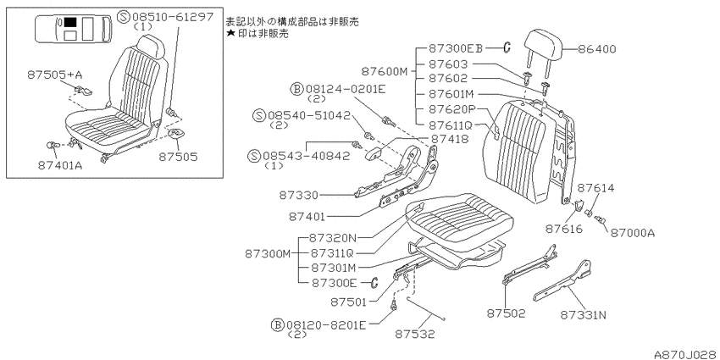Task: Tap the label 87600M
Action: pyautogui.click(x=385, y=71)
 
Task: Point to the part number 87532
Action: pyautogui.click(x=415, y=334)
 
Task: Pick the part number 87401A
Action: pyautogui.click(x=60, y=165)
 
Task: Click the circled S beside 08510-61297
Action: pyautogui.click(x=124, y=18)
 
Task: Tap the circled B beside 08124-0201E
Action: pyautogui.click(x=296, y=89)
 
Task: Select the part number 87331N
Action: pyautogui.click(x=583, y=315)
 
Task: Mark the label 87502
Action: pyautogui.click(x=506, y=313)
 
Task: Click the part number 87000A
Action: pyautogui.click(x=632, y=233)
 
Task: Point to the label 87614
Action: pyautogui.click(x=595, y=188)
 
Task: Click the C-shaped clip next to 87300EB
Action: pyautogui.click(x=507, y=47)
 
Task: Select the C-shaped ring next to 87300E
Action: pyautogui.click(x=374, y=282)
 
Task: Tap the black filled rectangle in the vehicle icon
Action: pyautogui.click(x=70, y=21)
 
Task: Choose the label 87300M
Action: pyautogui.click(x=268, y=253)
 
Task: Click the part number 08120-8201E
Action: pyautogui.click(x=326, y=325)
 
